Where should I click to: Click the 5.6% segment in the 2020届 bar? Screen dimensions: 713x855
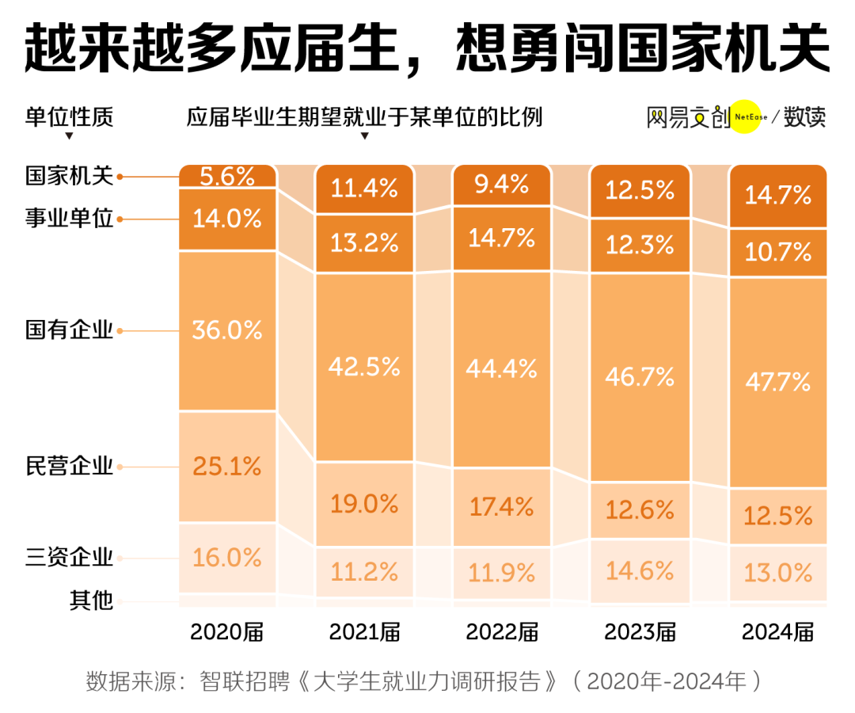tap(226, 177)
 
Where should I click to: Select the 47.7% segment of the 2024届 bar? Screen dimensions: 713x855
tap(778, 382)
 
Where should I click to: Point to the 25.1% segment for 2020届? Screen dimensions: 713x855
tap(226, 467)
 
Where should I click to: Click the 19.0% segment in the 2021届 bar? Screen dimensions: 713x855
tap(364, 504)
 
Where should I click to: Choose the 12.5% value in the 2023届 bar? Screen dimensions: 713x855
tap(640, 189)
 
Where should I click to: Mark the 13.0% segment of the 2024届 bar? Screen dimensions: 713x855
tap(778, 571)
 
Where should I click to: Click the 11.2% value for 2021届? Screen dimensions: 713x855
tap(364, 570)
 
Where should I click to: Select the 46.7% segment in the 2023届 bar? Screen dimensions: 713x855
tap(640, 376)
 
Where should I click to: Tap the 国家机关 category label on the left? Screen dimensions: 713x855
tap(69, 176)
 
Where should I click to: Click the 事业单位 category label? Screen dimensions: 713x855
tap(69, 219)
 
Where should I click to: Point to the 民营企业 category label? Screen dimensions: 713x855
tap(69, 467)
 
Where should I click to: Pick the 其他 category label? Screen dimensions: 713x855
tap(91, 601)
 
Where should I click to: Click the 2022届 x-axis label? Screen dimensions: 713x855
tap(502, 632)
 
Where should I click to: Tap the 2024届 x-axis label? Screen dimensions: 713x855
tap(778, 632)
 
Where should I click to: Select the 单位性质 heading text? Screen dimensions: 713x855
tap(69, 117)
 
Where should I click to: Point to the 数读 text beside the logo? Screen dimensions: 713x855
tap(804, 117)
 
